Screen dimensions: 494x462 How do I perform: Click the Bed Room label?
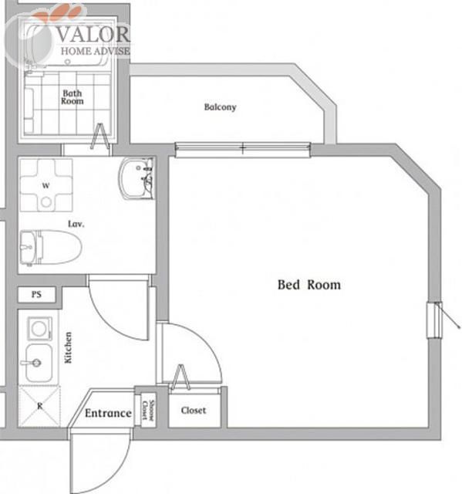(309, 285)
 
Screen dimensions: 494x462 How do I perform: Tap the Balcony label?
(220, 107)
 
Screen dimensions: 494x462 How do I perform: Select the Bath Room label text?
(73, 97)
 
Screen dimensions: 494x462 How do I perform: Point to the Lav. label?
(76, 224)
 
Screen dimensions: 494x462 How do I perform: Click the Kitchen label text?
(69, 347)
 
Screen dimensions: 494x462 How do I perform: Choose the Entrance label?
(108, 413)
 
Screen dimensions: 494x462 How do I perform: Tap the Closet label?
(194, 411)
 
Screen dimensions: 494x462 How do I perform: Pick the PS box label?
(36, 294)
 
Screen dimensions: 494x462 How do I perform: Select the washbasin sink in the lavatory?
(137, 178)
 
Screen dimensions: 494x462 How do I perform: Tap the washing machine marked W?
(46, 185)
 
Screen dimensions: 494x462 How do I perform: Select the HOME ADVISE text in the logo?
(96, 51)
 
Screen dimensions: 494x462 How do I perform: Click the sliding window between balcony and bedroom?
(243, 148)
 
